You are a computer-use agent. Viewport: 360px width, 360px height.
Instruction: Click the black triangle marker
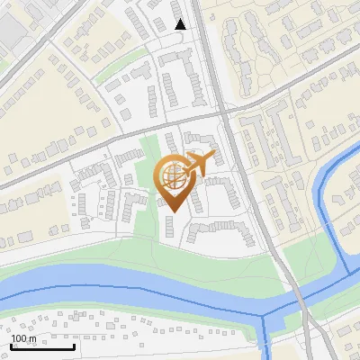click(180, 24)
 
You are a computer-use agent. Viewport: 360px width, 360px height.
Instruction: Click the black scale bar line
click(42, 347)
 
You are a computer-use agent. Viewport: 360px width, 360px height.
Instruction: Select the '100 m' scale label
click(24, 338)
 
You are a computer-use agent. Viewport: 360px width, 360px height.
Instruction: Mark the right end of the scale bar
click(74, 346)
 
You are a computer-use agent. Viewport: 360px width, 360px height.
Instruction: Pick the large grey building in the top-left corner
click(15, 27)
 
